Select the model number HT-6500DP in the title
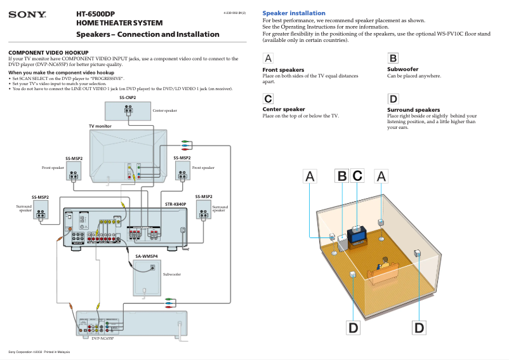(x=95, y=13)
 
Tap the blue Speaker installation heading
(x=294, y=13)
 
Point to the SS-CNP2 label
(x=128, y=98)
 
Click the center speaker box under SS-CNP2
(x=128, y=110)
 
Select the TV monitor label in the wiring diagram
(x=100, y=126)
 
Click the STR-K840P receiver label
(x=175, y=204)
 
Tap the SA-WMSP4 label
(x=146, y=256)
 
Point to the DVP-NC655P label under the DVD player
(x=102, y=338)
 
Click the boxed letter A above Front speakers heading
(x=268, y=58)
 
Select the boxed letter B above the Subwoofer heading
(x=393, y=58)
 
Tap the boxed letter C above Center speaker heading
(x=268, y=98)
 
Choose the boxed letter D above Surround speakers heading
(x=393, y=98)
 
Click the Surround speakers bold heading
(x=413, y=110)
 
